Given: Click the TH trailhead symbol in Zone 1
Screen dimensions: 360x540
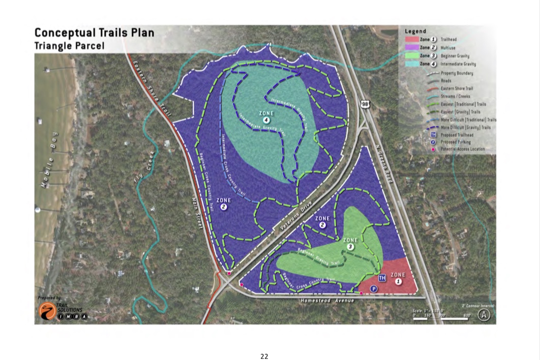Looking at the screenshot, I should coord(382,278).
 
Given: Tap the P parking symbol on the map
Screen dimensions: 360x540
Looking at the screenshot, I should coord(374,289).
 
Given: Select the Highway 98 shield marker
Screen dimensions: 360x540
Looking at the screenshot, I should coord(365,104).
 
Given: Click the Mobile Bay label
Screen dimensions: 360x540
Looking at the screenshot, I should coord(49,161).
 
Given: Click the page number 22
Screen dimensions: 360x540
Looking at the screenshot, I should coord(264,356).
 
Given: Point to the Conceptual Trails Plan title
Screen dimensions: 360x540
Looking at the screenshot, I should coord(94,33).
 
